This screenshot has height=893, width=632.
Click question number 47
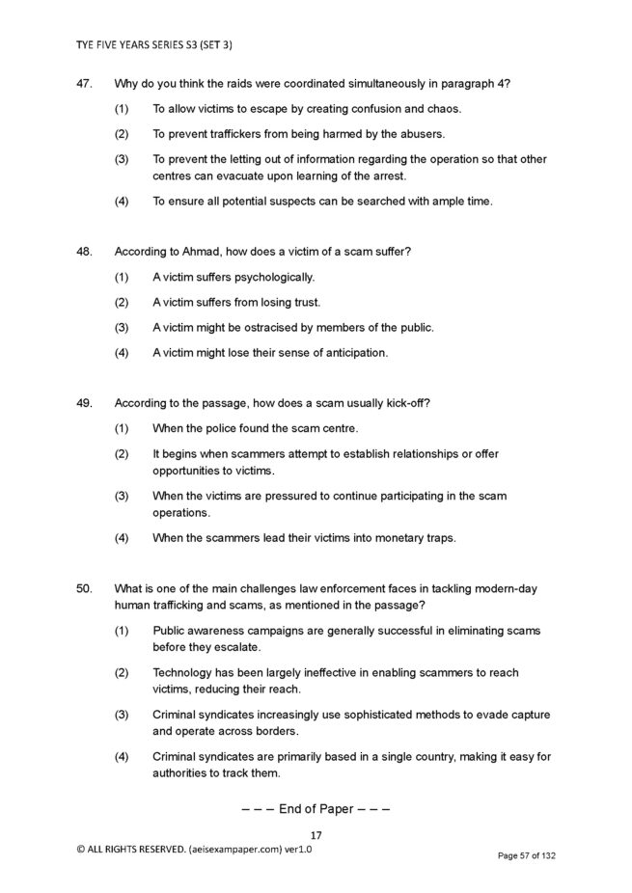(83, 84)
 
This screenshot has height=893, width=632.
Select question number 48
(83, 252)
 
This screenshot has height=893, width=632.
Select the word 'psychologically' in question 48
(275, 278)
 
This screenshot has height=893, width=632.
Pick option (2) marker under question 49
(122, 453)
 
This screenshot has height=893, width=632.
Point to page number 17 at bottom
(316, 835)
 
